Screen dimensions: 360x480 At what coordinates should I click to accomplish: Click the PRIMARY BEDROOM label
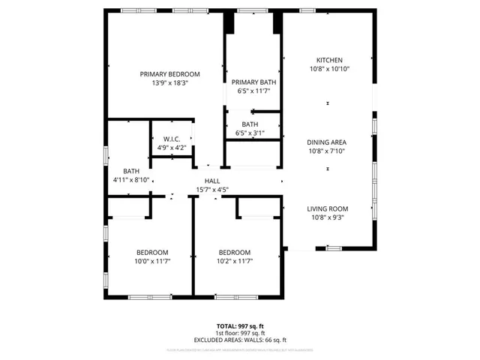click(x=170, y=73)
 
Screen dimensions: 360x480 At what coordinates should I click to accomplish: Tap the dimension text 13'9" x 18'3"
click(x=170, y=83)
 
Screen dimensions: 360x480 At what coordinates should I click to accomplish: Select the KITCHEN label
click(x=329, y=60)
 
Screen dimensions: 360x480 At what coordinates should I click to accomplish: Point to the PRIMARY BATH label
click(x=250, y=82)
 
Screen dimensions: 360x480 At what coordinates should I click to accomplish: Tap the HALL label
click(x=211, y=181)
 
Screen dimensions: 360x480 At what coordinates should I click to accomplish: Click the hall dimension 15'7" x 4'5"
click(x=211, y=190)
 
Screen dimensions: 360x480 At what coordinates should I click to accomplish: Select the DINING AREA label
click(x=328, y=142)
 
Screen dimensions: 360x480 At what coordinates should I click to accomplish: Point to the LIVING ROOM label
click(x=328, y=208)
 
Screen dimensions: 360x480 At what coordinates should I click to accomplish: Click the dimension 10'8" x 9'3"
click(x=328, y=218)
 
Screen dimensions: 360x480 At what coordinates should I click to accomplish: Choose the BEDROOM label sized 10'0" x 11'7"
click(x=152, y=252)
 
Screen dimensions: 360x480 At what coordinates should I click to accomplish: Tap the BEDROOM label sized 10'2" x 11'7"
click(x=235, y=252)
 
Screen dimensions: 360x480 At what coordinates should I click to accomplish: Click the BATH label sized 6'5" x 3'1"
click(x=250, y=124)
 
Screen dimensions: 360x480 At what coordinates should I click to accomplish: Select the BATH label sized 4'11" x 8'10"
click(x=131, y=171)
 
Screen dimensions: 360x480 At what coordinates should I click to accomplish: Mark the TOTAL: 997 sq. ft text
click(x=240, y=326)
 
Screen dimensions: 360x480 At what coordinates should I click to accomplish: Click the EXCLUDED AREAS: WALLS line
click(x=240, y=340)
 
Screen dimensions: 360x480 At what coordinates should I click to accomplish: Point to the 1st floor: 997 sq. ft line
click(x=240, y=333)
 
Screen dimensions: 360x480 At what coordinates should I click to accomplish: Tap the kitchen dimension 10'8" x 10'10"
click(x=329, y=69)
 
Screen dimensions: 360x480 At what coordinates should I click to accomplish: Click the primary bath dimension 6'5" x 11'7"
click(x=250, y=91)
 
